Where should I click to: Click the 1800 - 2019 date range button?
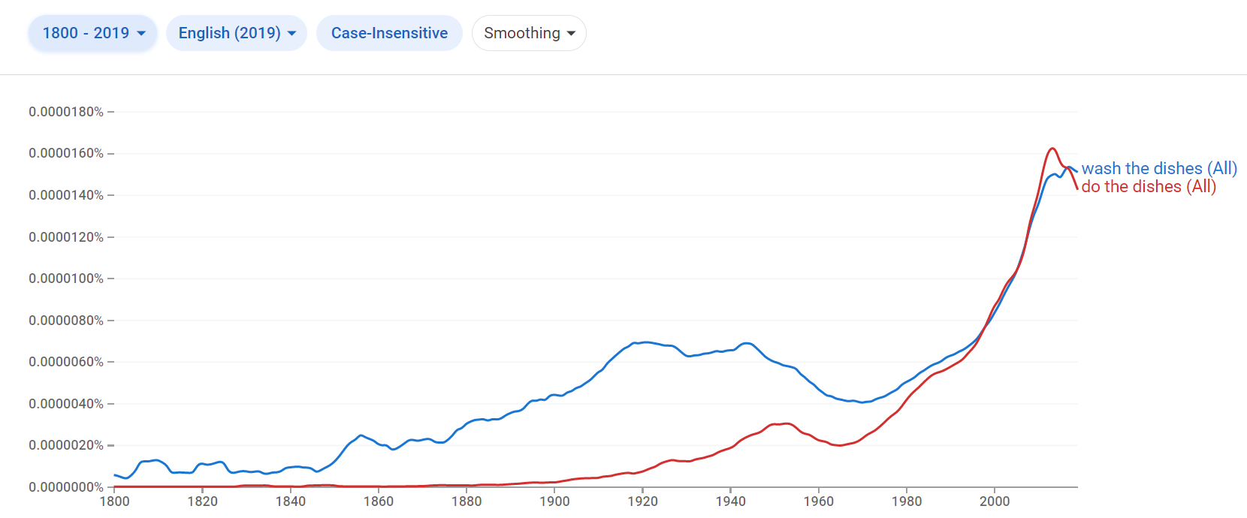pyautogui.click(x=92, y=33)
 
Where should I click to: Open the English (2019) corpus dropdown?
pyautogui.click(x=237, y=33)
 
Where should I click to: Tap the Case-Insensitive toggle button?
pyautogui.click(x=389, y=33)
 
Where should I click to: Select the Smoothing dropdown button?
pyautogui.click(x=529, y=33)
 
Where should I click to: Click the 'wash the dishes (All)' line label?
pyautogui.click(x=1159, y=168)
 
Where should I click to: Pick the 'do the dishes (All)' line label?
pyautogui.click(x=1149, y=187)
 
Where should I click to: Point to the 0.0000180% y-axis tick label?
pyautogui.click(x=66, y=112)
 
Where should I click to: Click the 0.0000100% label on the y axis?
pyautogui.click(x=66, y=279)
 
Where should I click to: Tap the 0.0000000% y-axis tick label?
pyautogui.click(x=66, y=487)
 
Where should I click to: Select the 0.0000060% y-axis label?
pyautogui.click(x=66, y=362)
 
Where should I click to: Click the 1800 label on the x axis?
pyautogui.click(x=114, y=501)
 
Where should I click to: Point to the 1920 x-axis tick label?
pyautogui.click(x=642, y=501)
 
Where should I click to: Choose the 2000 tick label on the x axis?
pyautogui.click(x=995, y=501)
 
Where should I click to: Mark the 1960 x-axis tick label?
pyautogui.click(x=818, y=501)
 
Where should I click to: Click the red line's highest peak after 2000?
pyautogui.click(x=1052, y=149)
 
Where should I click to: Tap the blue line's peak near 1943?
pyautogui.click(x=746, y=343)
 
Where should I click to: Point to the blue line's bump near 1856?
pyautogui.click(x=361, y=435)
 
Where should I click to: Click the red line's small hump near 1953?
pyautogui.click(x=786, y=423)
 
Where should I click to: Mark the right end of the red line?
pyautogui.click(x=1077, y=188)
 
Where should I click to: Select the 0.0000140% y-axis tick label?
pyautogui.click(x=66, y=195)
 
